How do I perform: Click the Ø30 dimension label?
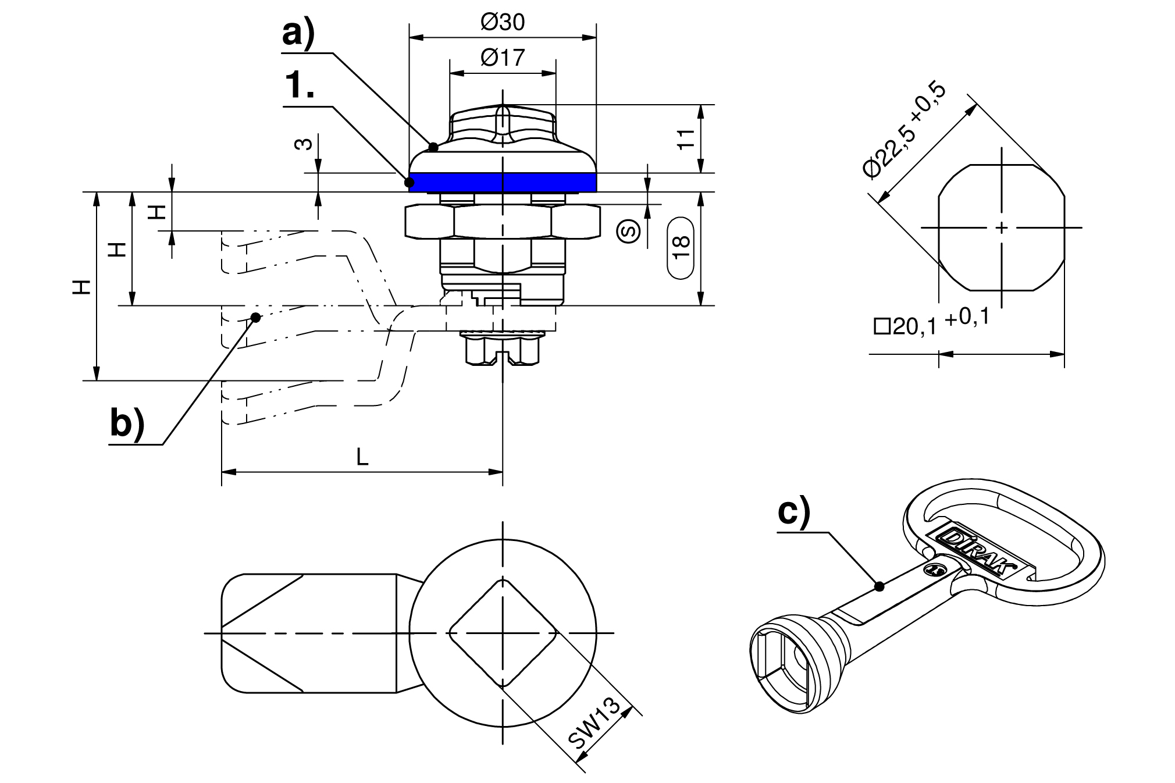pos(503,23)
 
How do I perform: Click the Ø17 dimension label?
pos(503,58)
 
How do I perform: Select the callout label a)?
pos(298,34)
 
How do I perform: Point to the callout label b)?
pos(127,423)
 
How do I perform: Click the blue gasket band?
pos(503,183)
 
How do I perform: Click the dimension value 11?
pos(686,138)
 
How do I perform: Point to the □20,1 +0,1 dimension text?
pos(931,323)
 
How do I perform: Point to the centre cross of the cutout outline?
pos(1001,227)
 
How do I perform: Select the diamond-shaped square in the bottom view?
pos(503,632)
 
